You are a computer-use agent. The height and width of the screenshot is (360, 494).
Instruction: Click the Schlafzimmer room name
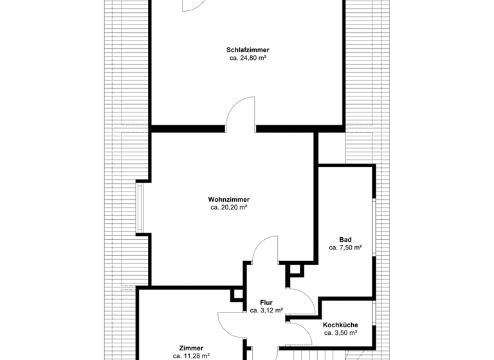(248, 50)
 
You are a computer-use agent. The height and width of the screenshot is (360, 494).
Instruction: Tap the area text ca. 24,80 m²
(248, 58)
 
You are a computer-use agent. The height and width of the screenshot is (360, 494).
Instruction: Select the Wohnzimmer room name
(229, 199)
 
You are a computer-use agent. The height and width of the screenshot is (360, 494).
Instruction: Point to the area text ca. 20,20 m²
(229, 208)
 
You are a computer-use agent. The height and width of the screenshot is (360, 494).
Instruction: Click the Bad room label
(345, 239)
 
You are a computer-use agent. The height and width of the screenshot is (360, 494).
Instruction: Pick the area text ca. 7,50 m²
(345, 248)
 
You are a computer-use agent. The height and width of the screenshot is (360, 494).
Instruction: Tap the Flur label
(267, 301)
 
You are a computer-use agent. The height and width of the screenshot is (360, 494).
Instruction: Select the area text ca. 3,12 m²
(267, 310)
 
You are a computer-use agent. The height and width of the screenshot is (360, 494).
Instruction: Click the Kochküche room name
(341, 325)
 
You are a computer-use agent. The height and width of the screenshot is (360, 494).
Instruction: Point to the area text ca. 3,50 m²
(341, 333)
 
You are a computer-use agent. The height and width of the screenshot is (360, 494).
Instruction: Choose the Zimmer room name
(192, 348)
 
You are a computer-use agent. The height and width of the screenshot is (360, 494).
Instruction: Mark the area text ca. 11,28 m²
(192, 355)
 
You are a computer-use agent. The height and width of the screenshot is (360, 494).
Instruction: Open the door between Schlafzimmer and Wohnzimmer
(241, 116)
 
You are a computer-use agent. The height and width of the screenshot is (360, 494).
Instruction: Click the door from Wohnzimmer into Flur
(264, 251)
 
